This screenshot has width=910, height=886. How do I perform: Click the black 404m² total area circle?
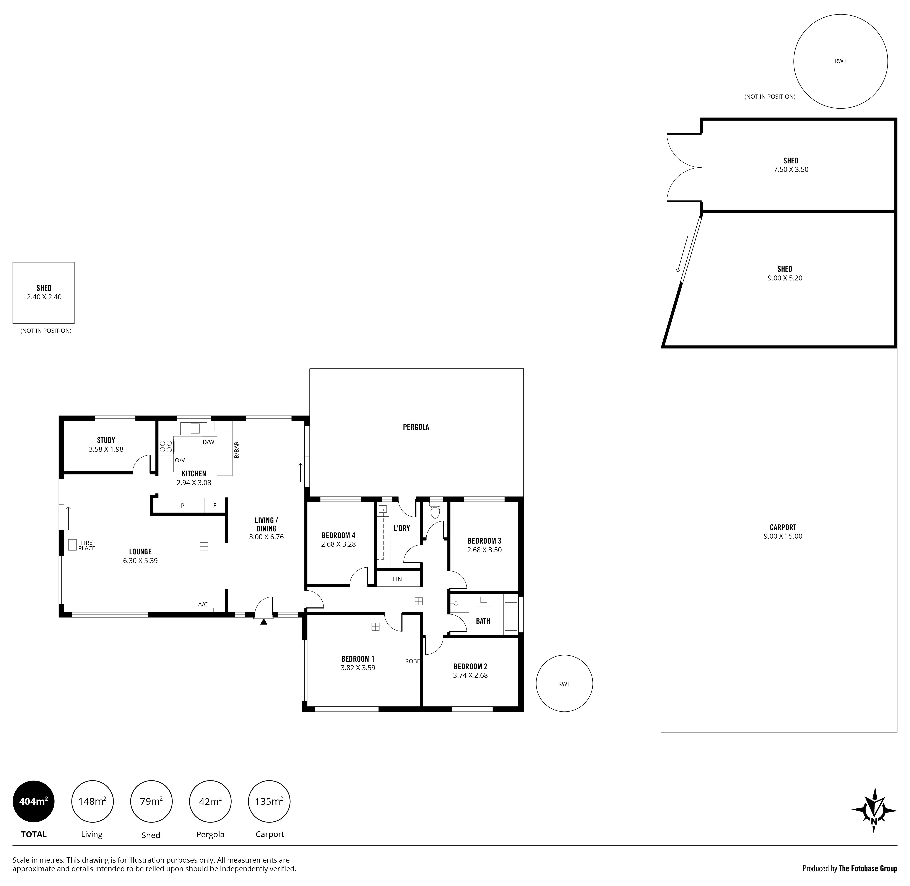tap(34, 801)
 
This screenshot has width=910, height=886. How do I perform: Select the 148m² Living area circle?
tap(92, 801)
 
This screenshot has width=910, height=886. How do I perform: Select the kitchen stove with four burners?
tap(166, 447)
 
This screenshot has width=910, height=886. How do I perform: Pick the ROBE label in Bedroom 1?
tap(412, 661)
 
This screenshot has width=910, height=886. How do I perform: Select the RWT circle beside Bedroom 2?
tap(564, 684)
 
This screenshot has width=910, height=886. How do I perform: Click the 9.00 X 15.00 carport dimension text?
tap(783, 536)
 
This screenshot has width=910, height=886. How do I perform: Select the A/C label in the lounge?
tap(203, 604)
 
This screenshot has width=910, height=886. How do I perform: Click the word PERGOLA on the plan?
tap(416, 427)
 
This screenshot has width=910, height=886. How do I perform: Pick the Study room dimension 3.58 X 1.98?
tap(106, 449)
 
